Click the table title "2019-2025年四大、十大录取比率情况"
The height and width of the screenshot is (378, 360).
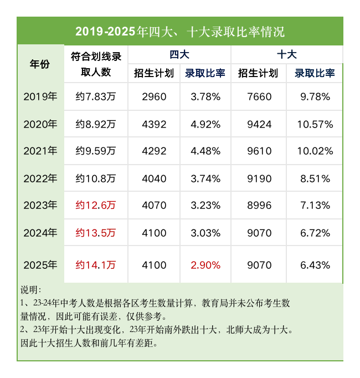(180, 31)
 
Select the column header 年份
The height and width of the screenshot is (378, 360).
(40, 64)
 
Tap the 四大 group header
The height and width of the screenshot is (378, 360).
(179, 54)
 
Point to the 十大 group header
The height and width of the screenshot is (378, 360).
(286, 54)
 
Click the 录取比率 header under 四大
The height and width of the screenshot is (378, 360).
(205, 73)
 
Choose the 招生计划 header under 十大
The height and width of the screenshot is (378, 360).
(258, 73)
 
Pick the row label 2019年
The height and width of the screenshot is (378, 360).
(40, 97)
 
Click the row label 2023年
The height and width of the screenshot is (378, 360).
(40, 205)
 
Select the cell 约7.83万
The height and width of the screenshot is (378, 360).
(96, 97)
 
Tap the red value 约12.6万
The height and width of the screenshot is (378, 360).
(96, 205)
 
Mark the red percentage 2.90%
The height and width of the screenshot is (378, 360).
(205, 265)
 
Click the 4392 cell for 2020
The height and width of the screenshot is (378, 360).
(154, 124)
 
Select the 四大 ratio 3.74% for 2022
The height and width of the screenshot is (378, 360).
(205, 178)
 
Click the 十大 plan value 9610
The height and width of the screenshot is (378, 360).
(259, 151)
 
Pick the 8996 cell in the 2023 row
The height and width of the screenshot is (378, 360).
(259, 205)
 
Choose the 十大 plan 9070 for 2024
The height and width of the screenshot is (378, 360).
(259, 232)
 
